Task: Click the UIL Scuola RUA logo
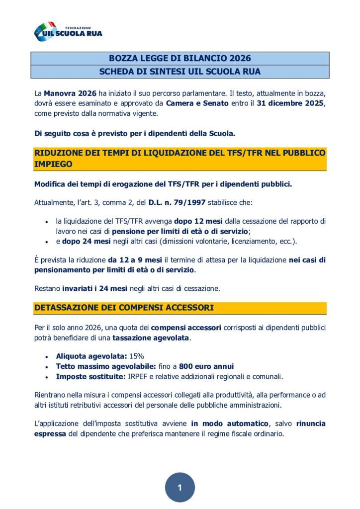coord(68,31)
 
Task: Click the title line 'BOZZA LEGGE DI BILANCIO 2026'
coord(180,59)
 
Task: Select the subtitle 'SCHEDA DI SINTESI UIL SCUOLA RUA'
coord(180,72)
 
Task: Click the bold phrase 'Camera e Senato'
coord(197,103)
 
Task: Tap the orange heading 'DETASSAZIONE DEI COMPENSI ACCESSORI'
coord(124,308)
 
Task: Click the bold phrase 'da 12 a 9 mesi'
coord(134,260)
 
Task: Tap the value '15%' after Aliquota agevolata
coord(137,356)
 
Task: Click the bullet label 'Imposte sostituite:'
coord(90,376)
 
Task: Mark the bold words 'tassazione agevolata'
coord(151,338)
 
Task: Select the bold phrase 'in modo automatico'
coord(229,424)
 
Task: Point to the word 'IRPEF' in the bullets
coord(139,376)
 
